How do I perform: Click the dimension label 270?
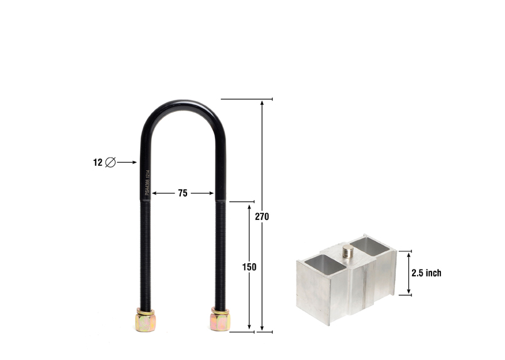coord(262,216)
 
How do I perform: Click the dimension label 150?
coord(249,266)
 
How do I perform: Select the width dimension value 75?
coord(182,194)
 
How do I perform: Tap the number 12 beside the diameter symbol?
coord(97,162)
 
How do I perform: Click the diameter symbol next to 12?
coord(111,162)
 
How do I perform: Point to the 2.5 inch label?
coord(426,273)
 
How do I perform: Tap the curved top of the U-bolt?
coord(182,107)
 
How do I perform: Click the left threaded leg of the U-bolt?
coord(144,251)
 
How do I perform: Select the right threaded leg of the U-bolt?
coord(220,251)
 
